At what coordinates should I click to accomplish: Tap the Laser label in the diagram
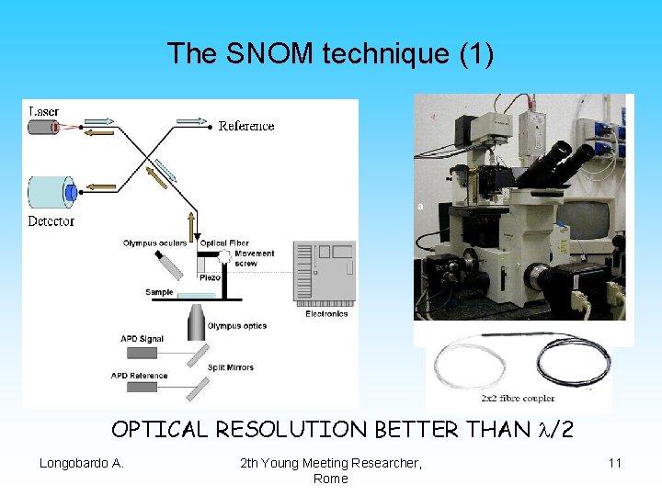pos(43,111)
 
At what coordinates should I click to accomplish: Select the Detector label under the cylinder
pos(51,221)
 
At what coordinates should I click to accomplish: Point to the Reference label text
pos(246,126)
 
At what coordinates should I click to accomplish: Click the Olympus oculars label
pos(154,243)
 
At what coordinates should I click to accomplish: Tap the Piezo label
pos(210,276)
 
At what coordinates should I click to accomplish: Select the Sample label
pos(159,293)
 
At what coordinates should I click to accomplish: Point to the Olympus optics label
pos(237,326)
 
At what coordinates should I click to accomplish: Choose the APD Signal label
pos(142,339)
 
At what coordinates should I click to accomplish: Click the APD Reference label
pos(139,376)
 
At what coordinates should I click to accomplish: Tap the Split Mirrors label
pos(231,367)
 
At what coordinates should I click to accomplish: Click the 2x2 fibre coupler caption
pos(518,399)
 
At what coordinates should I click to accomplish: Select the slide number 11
pos(615,463)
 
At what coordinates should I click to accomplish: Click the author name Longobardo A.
pos(81,463)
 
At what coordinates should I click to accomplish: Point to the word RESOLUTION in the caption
pos(312,430)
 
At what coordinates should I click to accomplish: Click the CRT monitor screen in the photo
pos(583,218)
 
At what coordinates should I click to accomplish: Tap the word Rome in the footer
pos(330,479)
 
